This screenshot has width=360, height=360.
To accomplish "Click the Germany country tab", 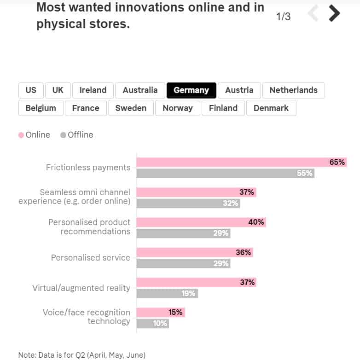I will point(191,90).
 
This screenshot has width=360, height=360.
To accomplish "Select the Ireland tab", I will point(93,90).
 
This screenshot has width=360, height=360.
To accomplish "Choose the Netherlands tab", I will point(293,90).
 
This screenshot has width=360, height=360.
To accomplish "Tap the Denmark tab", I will point(271,108).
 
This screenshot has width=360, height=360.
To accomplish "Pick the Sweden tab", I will point(131,108).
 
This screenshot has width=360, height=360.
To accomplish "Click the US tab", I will point(31,90).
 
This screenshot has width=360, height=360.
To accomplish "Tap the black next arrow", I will point(334,13).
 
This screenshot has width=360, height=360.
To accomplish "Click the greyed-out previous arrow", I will point(313,13).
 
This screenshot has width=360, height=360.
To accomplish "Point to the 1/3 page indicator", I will point(283,17).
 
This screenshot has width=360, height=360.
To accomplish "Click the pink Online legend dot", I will point(21,135).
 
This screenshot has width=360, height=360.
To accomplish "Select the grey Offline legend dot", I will point(63,135).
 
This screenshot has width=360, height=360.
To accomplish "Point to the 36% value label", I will point(244,252).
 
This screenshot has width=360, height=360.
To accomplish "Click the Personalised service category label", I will point(90,258).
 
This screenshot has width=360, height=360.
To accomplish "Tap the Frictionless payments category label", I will point(88,168).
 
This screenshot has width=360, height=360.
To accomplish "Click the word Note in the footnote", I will point(27,355).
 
